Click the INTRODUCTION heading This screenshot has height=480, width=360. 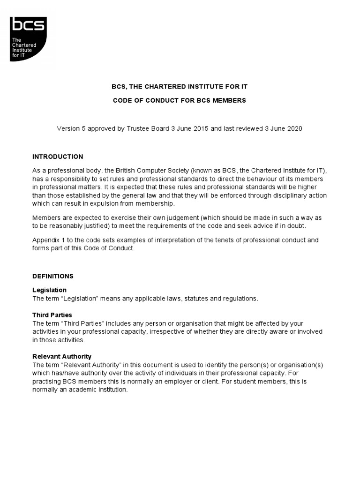[x=58, y=157]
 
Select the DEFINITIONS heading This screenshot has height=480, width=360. [x=52, y=276]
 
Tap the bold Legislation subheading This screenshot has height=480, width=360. [x=49, y=290]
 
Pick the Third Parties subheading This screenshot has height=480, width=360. [x=52, y=315]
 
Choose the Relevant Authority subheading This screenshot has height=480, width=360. [x=61, y=356]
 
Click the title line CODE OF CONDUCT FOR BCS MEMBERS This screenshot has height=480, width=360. [x=180, y=101]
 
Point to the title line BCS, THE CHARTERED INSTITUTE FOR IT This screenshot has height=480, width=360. [x=180, y=87]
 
